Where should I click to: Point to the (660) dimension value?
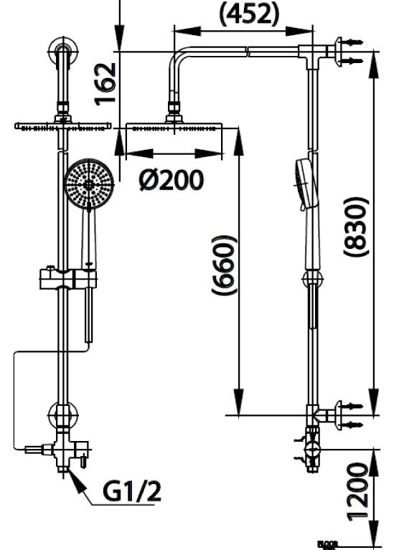point(224,265)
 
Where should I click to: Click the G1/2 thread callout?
point(133,492)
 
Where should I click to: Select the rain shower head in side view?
point(174,128)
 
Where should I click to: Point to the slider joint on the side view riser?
point(311,280)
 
